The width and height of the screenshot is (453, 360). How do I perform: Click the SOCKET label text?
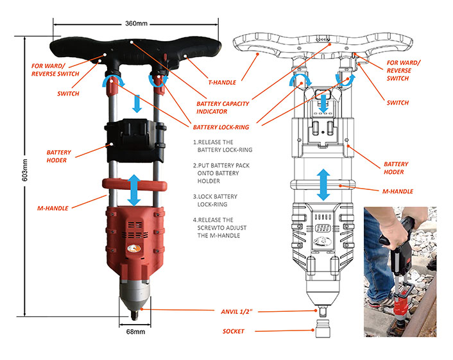point(233,331)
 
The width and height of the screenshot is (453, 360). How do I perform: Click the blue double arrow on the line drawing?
point(325,185)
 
